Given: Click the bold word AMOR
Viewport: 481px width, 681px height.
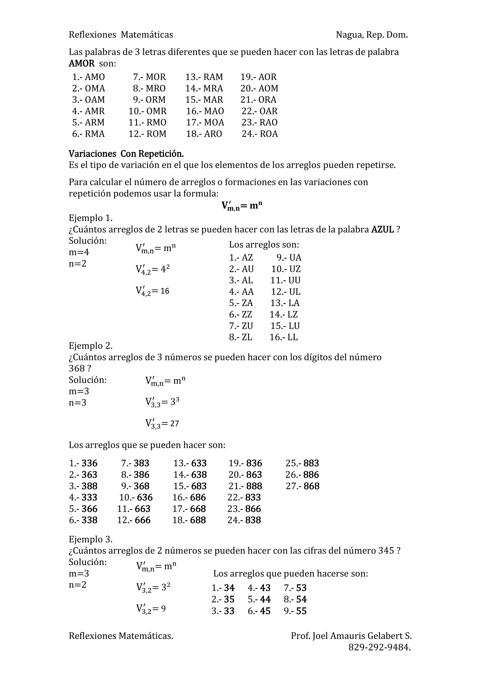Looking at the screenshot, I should (x=81, y=63).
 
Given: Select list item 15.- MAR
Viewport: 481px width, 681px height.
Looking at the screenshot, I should (x=204, y=100).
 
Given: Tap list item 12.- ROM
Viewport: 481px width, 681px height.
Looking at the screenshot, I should (x=147, y=134).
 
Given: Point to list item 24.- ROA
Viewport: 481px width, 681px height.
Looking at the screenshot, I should (x=260, y=134).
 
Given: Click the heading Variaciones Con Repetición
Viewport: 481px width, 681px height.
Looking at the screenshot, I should (x=126, y=154).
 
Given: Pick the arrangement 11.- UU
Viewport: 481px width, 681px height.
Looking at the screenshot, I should (x=285, y=280).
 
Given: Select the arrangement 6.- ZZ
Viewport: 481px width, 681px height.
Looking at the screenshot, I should (x=240, y=314).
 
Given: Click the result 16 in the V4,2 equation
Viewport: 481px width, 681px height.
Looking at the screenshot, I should (x=165, y=291).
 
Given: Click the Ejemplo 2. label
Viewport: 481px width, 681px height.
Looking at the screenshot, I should (x=90, y=346).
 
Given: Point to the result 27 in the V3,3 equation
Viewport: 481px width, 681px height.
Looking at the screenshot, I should (x=175, y=424).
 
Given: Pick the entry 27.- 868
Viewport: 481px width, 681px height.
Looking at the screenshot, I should (x=302, y=486).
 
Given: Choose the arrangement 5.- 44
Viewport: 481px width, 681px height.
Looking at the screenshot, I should (x=259, y=599).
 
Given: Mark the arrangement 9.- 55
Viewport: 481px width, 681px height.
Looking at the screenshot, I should (x=295, y=611).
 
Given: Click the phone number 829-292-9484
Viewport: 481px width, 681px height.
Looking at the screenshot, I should (x=379, y=647).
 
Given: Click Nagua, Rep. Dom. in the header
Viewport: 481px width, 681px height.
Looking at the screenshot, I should (x=372, y=35).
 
